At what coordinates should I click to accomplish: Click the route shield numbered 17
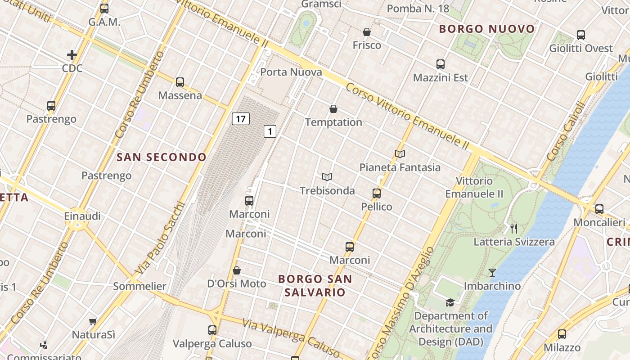241,119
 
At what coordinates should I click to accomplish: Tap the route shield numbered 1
270,131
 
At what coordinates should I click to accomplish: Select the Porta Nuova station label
291,72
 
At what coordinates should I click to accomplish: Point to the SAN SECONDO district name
162,157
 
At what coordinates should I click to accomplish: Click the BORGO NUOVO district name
487,29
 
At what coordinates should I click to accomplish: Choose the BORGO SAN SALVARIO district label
315,285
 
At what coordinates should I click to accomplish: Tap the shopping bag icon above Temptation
333,109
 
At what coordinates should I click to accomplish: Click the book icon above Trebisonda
327,177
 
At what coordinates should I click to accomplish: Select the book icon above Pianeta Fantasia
400,154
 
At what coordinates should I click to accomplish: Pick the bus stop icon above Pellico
377,193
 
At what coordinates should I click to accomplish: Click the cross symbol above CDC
72,55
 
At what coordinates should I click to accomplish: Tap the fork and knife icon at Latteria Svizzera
514,228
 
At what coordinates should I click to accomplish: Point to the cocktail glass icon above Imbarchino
492,273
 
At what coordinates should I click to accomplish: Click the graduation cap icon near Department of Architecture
450,302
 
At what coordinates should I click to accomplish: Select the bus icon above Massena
180,82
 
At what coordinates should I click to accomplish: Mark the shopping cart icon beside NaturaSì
93,321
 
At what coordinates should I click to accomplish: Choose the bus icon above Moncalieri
599,209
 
